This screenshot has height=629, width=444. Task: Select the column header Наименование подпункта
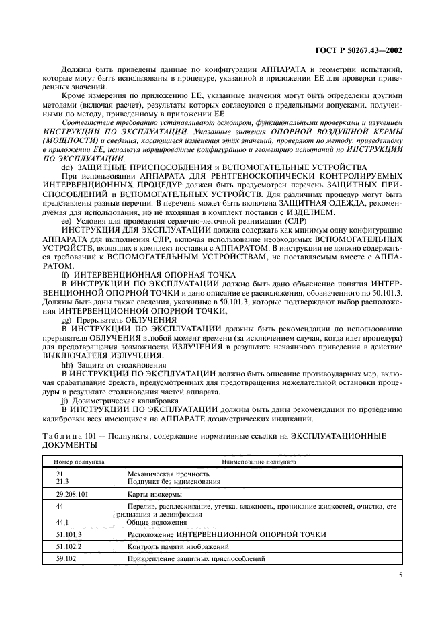[x=258, y=462]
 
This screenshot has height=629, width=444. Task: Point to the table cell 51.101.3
[x=69, y=534]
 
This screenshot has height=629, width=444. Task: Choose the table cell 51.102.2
[x=69, y=546]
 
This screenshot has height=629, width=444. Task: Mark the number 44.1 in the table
[x=62, y=521]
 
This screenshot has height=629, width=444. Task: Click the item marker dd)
[x=67, y=166]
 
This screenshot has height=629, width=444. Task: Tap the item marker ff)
[x=66, y=276]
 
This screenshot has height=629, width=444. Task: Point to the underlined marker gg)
[x=66, y=319]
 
